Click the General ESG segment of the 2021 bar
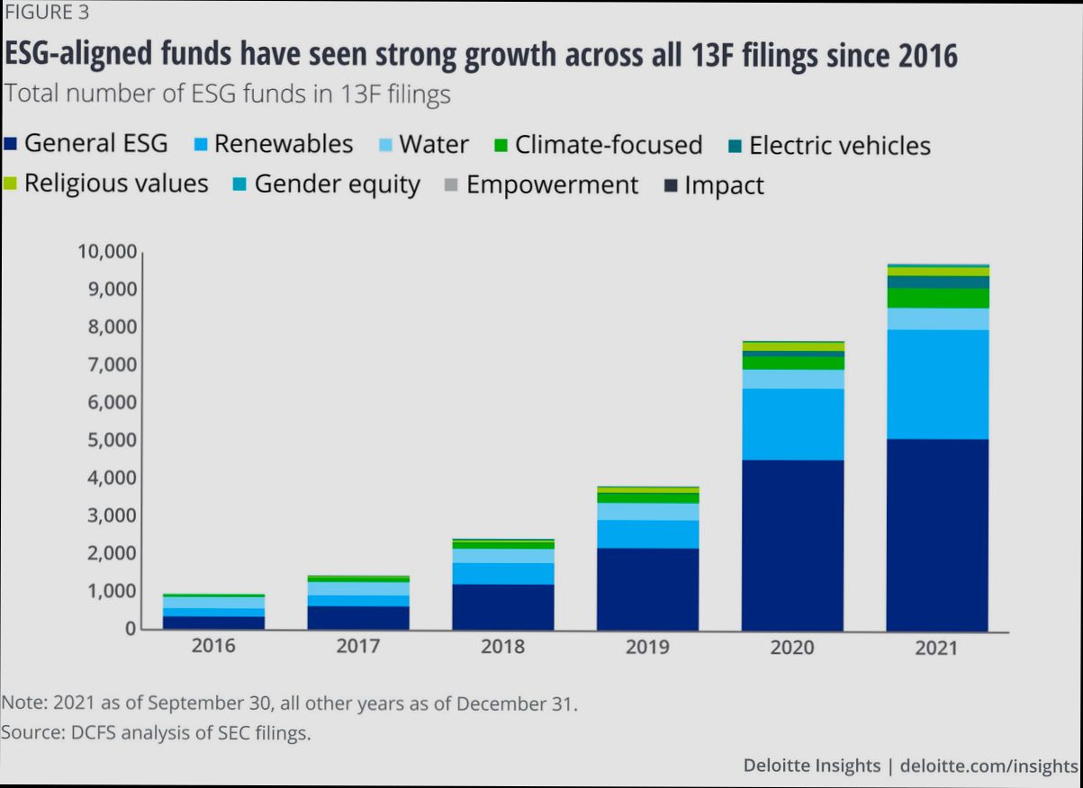tap(937, 534)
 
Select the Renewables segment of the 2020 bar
tap(792, 424)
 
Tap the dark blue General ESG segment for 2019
tap(647, 588)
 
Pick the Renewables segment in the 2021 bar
tap(937, 384)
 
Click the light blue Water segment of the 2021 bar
tap(937, 318)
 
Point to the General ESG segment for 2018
tap(502, 606)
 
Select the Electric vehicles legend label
tap(839, 145)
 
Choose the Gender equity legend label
tap(337, 184)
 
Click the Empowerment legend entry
tap(552, 185)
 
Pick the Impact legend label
tap(724, 185)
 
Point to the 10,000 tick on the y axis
tap(105, 252)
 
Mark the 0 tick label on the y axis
tap(130, 629)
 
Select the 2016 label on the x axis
tap(213, 646)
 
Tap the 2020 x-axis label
tap(792, 647)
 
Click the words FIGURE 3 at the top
tap(47, 13)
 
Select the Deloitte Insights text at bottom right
tap(811, 766)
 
